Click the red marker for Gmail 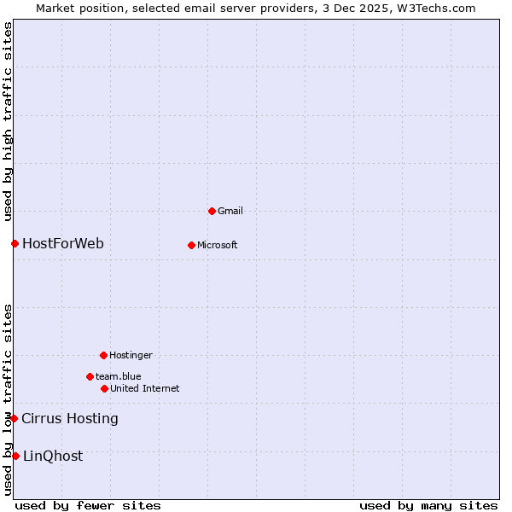pos(212,211)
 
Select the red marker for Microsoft pos(191,245)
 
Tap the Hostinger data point pos(103,355)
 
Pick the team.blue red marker pos(90,376)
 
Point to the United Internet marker pos(104,388)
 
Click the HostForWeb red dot pos(15,244)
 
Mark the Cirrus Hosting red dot pos(15,418)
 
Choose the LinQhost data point pos(15,456)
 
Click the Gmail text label pos(230,211)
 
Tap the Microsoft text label pos(218,245)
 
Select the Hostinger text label pos(131,355)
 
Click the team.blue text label pos(119,376)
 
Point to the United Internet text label pos(145,388)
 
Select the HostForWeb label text pos(63,244)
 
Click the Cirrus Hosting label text pos(70,418)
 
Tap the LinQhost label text pos(53,456)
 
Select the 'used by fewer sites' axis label pos(88,505)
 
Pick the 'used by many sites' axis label pos(428,505)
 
